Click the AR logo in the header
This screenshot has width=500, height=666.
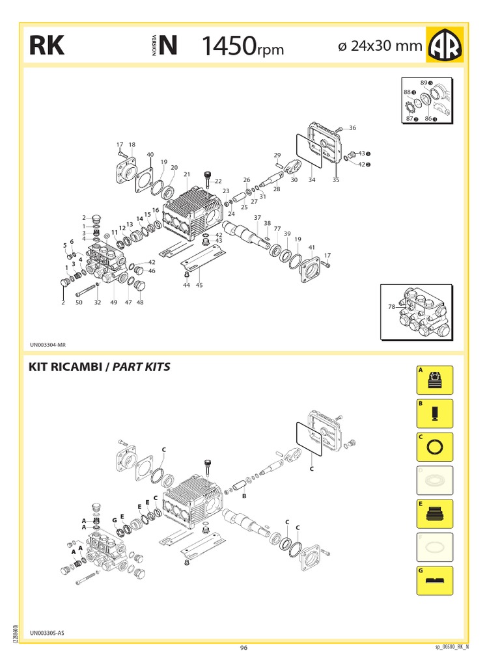click(445, 45)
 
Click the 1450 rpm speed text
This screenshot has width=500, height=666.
click(242, 46)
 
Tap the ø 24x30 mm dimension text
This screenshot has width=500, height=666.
click(380, 47)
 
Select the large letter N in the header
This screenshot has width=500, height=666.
click(168, 46)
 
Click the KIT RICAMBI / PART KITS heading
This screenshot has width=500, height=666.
click(99, 367)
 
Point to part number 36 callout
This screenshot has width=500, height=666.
click(353, 128)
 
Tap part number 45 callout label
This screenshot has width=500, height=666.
click(199, 286)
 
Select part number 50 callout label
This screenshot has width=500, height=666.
click(79, 302)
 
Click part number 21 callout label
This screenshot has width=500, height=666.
click(186, 174)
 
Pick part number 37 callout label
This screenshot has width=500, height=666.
click(257, 217)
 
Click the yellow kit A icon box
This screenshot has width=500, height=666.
click(434, 380)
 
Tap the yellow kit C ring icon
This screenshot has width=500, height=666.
click(434, 447)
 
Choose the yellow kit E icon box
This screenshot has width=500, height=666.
click(434, 514)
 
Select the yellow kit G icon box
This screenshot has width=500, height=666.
click(434, 580)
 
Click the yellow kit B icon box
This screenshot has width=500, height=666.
click(434, 414)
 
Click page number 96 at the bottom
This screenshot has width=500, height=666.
click(243, 647)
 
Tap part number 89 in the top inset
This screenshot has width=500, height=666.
click(423, 83)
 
